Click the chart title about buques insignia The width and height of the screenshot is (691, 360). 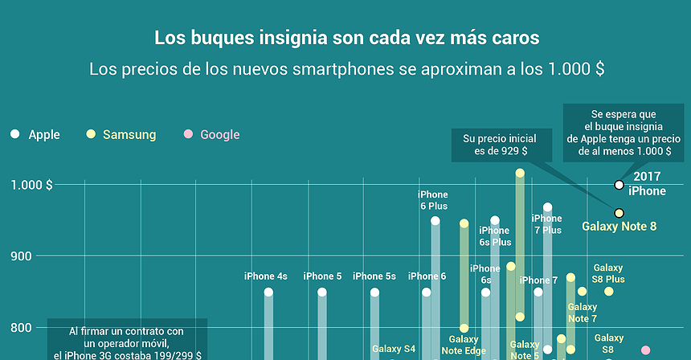(x=346, y=38)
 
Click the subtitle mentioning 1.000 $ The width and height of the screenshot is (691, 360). (x=346, y=69)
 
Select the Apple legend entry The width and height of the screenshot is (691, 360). (x=35, y=135)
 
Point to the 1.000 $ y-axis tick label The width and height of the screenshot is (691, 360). (x=31, y=185)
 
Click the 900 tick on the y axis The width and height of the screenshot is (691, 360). (x=39, y=256)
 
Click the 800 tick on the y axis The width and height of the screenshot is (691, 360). (x=39, y=328)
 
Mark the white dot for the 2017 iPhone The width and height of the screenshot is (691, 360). (x=619, y=185)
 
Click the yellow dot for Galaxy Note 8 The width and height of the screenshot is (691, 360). (x=619, y=213)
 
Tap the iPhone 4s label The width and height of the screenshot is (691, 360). (x=265, y=276)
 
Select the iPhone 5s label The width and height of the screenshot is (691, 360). (x=374, y=276)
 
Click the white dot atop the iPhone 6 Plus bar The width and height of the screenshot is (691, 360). (x=435, y=221)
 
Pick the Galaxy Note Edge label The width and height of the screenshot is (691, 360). (x=464, y=345)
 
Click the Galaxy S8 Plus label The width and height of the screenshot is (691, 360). (x=608, y=273)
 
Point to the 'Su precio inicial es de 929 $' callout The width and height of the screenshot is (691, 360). (x=495, y=145)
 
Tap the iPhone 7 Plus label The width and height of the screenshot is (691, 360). (x=547, y=224)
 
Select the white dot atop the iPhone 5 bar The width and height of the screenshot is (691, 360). (x=321, y=292)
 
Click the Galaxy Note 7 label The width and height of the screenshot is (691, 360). (x=583, y=313)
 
